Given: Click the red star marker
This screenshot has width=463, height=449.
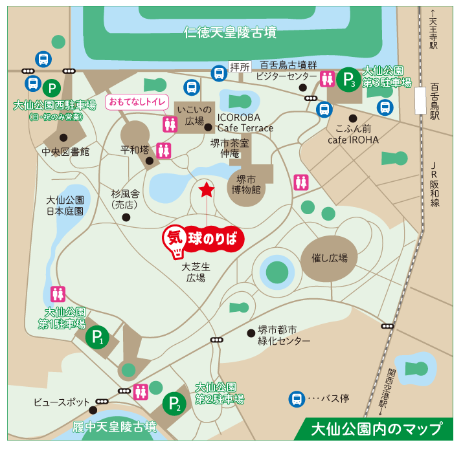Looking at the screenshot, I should [x=206, y=190].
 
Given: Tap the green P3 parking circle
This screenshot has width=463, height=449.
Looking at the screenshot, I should [x=349, y=80].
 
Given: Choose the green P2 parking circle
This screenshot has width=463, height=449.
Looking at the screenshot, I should [x=174, y=404].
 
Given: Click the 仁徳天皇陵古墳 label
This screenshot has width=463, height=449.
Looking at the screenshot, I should [x=231, y=32].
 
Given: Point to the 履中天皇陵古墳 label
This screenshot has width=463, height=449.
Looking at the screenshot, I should [x=115, y=427].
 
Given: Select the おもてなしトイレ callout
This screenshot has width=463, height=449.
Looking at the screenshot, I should [x=137, y=102].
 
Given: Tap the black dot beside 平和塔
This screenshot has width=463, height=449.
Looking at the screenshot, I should [x=149, y=161].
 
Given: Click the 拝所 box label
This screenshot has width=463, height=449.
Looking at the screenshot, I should [x=239, y=67].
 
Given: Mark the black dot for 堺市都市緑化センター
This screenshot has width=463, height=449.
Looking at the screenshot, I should [x=251, y=333].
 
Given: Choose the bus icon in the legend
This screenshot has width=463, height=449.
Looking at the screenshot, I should [x=297, y=399].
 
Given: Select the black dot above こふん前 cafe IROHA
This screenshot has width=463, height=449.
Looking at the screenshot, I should [x=353, y=118].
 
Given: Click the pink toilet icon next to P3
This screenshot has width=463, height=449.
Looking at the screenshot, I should [x=328, y=79].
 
